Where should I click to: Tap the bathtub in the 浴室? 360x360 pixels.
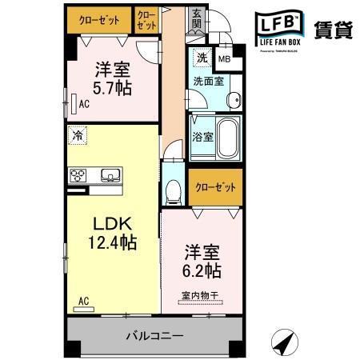229,138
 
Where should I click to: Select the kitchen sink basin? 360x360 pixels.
109,175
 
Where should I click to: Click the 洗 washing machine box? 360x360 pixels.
203,57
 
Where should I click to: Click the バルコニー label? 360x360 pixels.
154,336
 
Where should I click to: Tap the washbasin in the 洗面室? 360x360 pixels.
231,100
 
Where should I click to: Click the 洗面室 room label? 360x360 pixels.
207,80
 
